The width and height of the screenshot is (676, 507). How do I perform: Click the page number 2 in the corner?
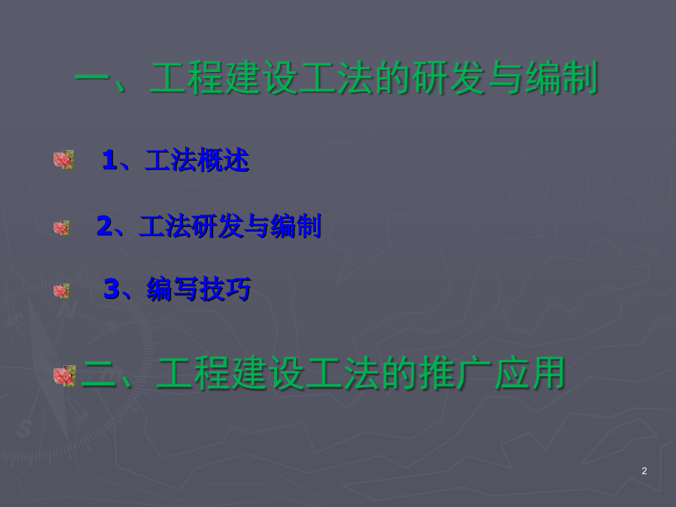pyautogui.click(x=644, y=471)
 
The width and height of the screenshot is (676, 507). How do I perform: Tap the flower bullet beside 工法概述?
pyautogui.click(x=63, y=159)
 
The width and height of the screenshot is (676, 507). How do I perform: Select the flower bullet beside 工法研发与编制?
pyautogui.click(x=61, y=228)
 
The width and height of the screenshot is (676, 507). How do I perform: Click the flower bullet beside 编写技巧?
pyautogui.click(x=61, y=291)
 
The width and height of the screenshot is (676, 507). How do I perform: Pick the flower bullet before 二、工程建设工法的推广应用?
pyautogui.click(x=65, y=375)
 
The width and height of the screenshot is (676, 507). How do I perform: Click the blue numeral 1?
pyautogui.click(x=109, y=160)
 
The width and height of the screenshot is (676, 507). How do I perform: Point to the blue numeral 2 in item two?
pyautogui.click(x=104, y=226)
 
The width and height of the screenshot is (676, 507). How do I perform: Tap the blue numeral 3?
pyautogui.click(x=111, y=290)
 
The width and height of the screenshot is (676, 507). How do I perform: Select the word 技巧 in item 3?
pyautogui.click(x=225, y=290)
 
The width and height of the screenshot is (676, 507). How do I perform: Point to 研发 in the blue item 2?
pyautogui.click(x=217, y=226)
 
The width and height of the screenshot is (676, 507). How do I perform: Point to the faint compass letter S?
pyautogui.click(x=24, y=428)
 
